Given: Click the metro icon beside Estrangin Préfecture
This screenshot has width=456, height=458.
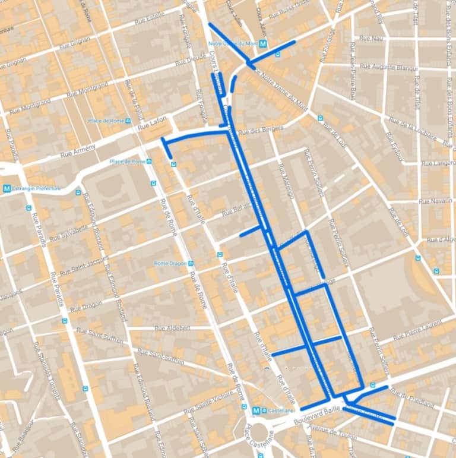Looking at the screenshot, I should [x=7, y=189].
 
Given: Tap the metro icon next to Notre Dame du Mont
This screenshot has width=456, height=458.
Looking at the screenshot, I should [x=263, y=43].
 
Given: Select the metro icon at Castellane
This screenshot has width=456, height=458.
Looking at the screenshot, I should [x=256, y=410].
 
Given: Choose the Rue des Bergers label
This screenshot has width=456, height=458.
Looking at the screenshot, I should [x=261, y=129].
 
